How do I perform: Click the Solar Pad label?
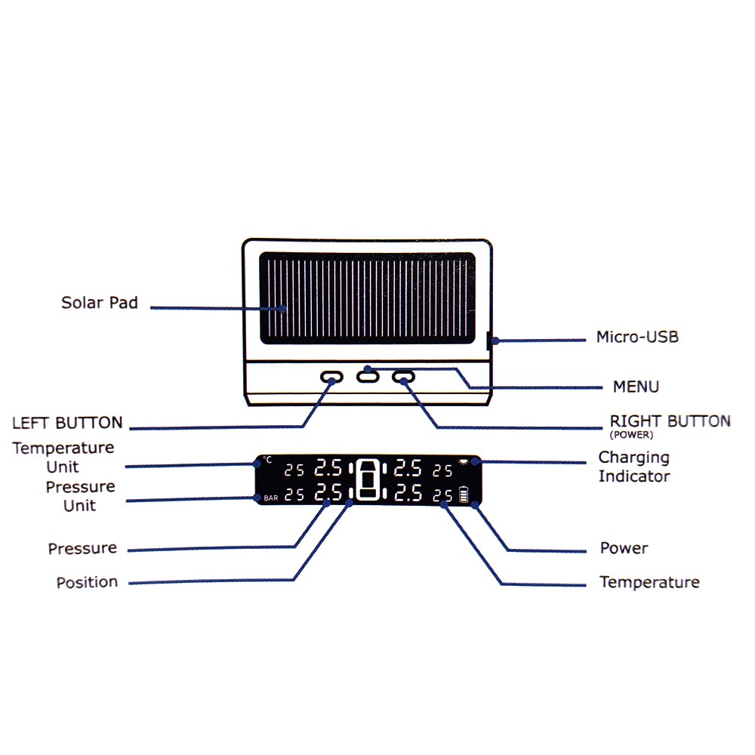click(100, 303)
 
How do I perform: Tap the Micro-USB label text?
click(637, 337)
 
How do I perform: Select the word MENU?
click(636, 387)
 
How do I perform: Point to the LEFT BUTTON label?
click(67, 422)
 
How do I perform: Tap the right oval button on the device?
click(404, 377)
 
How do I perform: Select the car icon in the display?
click(369, 481)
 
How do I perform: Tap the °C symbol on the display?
click(267, 460)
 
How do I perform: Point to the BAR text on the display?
click(271, 498)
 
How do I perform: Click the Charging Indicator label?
click(633, 467)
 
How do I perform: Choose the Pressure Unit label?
click(80, 496)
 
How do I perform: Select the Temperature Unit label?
click(63, 457)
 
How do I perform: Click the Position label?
click(87, 582)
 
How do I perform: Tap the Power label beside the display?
click(624, 548)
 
